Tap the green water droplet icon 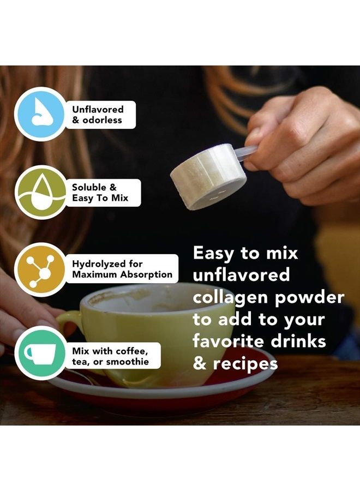[x=40, y=192]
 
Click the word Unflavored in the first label [x=98, y=109]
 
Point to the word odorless [x=102, y=120]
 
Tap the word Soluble [x=89, y=187]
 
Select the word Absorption [x=147, y=274]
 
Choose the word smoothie [x=128, y=362]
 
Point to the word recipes [x=245, y=363]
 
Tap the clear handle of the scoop [x=245, y=153]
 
